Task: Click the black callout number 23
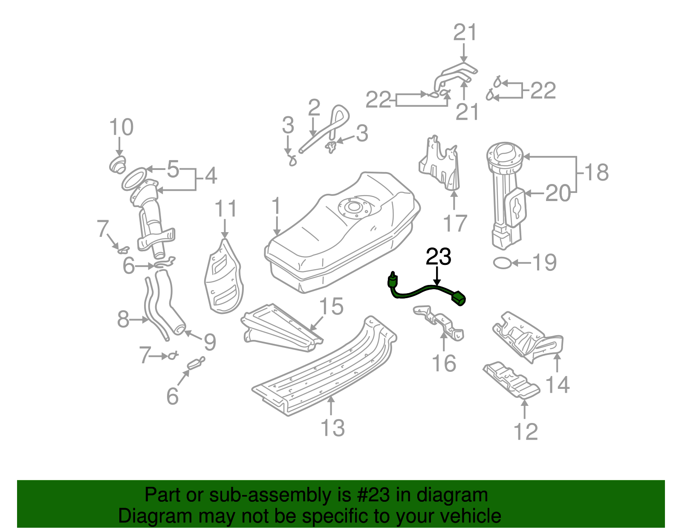(438, 257)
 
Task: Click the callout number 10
(121, 127)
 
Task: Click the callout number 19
(544, 262)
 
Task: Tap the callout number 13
(332, 428)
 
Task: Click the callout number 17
(455, 223)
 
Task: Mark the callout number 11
(225, 209)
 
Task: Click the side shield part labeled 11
(224, 279)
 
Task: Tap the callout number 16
(444, 363)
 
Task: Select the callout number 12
(526, 431)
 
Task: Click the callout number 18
(596, 173)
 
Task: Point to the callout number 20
(558, 193)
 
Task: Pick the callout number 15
(331, 306)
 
